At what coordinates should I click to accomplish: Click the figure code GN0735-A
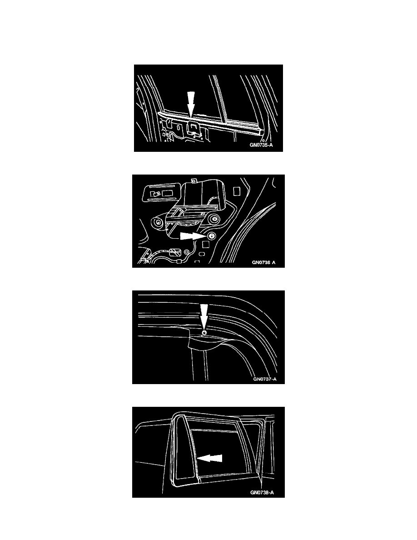coord(261,145)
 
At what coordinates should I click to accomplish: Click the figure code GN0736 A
coord(263,262)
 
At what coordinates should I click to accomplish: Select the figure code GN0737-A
coord(264,380)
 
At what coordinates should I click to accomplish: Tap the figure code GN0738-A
coord(262,492)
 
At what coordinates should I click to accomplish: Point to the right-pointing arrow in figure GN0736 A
coord(192,235)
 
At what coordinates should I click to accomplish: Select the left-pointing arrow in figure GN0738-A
coord(209,458)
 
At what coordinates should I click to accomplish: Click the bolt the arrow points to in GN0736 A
coord(211,236)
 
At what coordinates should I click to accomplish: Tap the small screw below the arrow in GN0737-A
coord(204,333)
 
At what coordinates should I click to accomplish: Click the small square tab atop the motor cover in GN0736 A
coord(194,180)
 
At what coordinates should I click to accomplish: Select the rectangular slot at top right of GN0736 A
coord(236,191)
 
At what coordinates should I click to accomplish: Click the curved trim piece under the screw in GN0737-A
coord(206,343)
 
